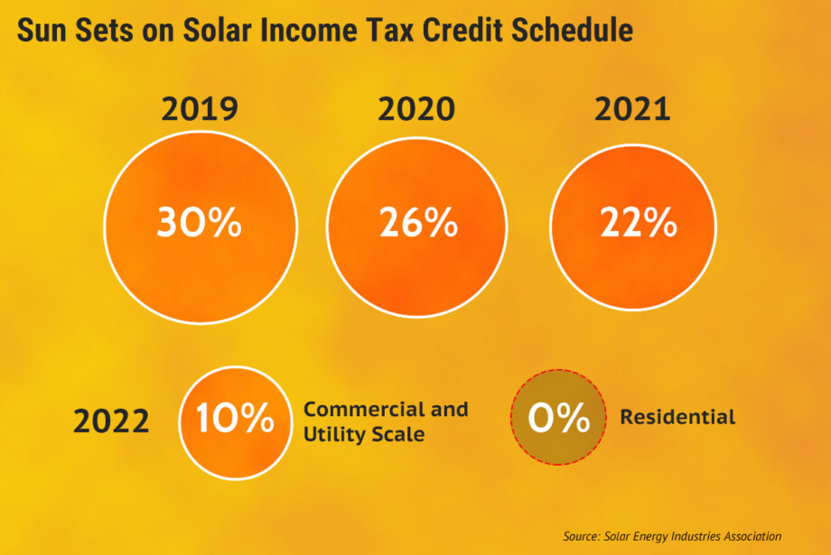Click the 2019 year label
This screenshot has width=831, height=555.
pyautogui.click(x=199, y=110)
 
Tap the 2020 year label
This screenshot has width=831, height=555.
pyautogui.click(x=416, y=110)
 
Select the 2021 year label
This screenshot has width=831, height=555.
pyautogui.click(x=632, y=110)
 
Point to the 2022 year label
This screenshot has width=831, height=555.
pyautogui.click(x=111, y=421)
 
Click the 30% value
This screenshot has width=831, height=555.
pyautogui.click(x=199, y=224)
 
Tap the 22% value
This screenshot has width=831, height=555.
pyautogui.click(x=638, y=224)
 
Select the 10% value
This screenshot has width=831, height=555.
pyautogui.click(x=235, y=418)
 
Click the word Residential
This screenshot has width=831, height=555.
pyautogui.click(x=677, y=417)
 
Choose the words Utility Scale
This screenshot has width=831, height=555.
pyautogui.click(x=364, y=434)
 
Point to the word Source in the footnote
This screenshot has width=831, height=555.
pyautogui.click(x=579, y=536)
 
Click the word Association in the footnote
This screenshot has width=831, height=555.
pyautogui.click(x=750, y=536)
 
